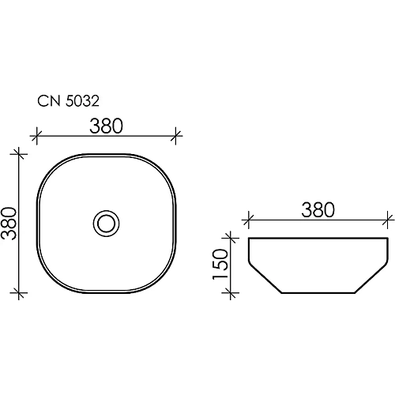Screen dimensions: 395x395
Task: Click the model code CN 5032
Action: click(67, 101)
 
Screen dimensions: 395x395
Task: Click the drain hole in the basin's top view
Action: click(106, 223)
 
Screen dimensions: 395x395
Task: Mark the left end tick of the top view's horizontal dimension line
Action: click(35, 135)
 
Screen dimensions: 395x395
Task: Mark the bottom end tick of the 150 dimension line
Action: click(230, 293)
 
